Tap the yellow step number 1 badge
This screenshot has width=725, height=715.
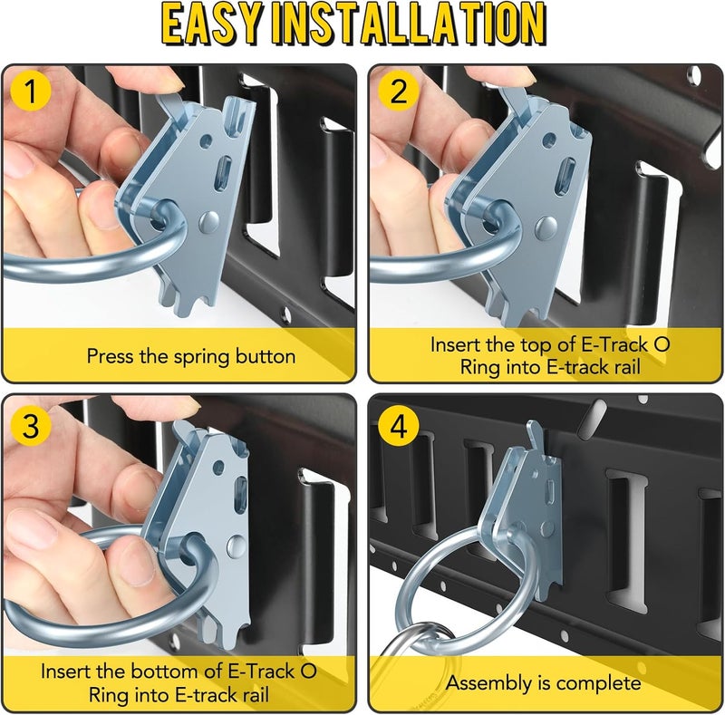pos(30,92)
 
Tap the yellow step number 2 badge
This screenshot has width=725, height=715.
pos(399,92)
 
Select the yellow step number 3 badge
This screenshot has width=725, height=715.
pos(30,425)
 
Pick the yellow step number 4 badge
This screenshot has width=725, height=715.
pos(399,425)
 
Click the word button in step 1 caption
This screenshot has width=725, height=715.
pos(266,356)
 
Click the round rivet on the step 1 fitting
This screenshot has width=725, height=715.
pos(209,222)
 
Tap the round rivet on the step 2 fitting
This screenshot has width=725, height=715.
pos(546,227)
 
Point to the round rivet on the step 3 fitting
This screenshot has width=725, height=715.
pos(237,546)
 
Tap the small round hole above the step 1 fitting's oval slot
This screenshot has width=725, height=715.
pos(207,140)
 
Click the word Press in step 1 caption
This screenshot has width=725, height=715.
pos(110,356)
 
